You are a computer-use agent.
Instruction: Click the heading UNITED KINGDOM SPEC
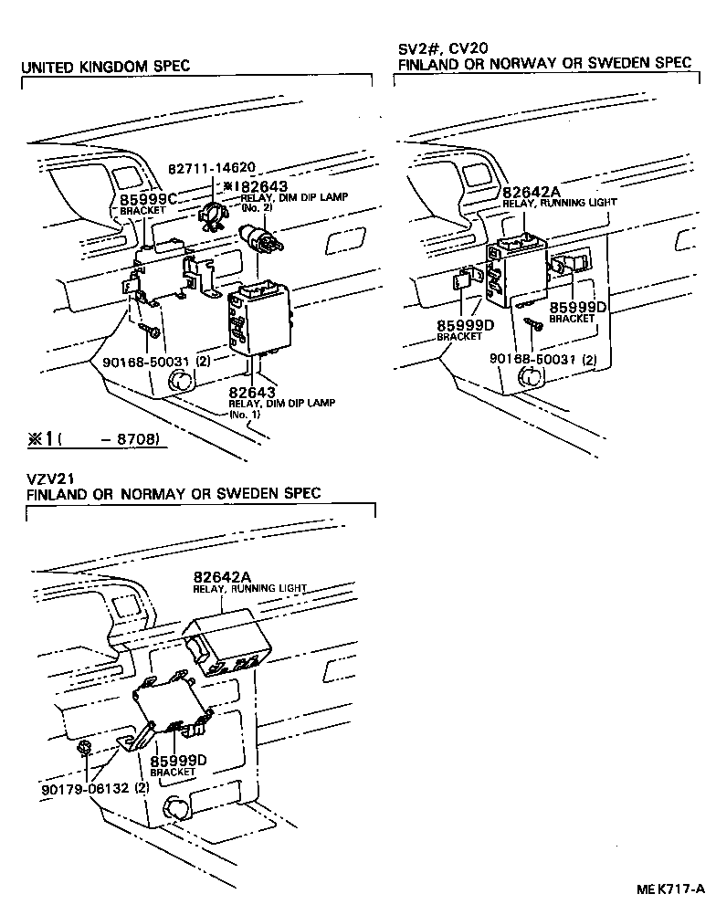(105, 67)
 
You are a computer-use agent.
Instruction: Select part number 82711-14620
(211, 168)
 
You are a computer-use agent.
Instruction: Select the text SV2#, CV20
(435, 47)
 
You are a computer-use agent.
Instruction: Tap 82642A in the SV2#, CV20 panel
(531, 191)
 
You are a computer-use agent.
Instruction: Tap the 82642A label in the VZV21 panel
(222, 577)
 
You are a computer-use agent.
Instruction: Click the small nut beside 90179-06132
(83, 750)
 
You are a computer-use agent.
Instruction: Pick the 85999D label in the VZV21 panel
(179, 760)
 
